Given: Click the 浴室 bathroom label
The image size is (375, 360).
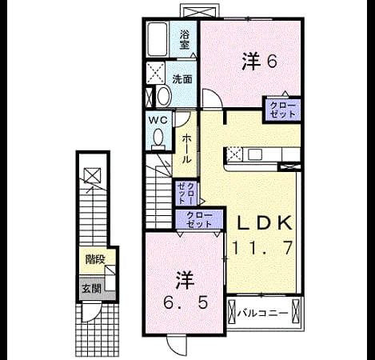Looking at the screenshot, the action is click(185, 39).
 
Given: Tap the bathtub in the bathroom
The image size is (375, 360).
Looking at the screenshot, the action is click(158, 39).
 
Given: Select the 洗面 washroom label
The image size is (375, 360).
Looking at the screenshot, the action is click(182, 79).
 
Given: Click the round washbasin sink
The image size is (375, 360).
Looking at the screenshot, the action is click(164, 96).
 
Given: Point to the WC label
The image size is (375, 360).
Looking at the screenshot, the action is click(158, 120).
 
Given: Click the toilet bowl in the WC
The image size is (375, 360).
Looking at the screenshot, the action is click(158, 138).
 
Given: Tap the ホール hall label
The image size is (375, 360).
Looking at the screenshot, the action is click(186, 149).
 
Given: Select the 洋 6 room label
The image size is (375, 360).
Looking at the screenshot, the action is click(260, 62).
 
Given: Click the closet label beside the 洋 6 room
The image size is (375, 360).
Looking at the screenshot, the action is click(283, 110).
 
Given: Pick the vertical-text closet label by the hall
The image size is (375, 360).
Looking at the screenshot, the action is click(186, 193).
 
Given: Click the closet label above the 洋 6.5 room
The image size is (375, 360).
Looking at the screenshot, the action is click(199, 219).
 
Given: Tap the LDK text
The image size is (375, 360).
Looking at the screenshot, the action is click(265, 223).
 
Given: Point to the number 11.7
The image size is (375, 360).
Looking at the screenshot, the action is click(262, 247).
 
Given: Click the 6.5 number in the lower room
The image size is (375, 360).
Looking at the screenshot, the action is click(186, 302).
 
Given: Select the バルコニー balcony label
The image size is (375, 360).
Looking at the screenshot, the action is click(263, 313).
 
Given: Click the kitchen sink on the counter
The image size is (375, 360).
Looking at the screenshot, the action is click(255, 154).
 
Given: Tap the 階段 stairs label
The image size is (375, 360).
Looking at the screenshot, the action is click(95, 259).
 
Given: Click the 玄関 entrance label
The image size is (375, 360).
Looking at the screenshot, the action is click(91, 288).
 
